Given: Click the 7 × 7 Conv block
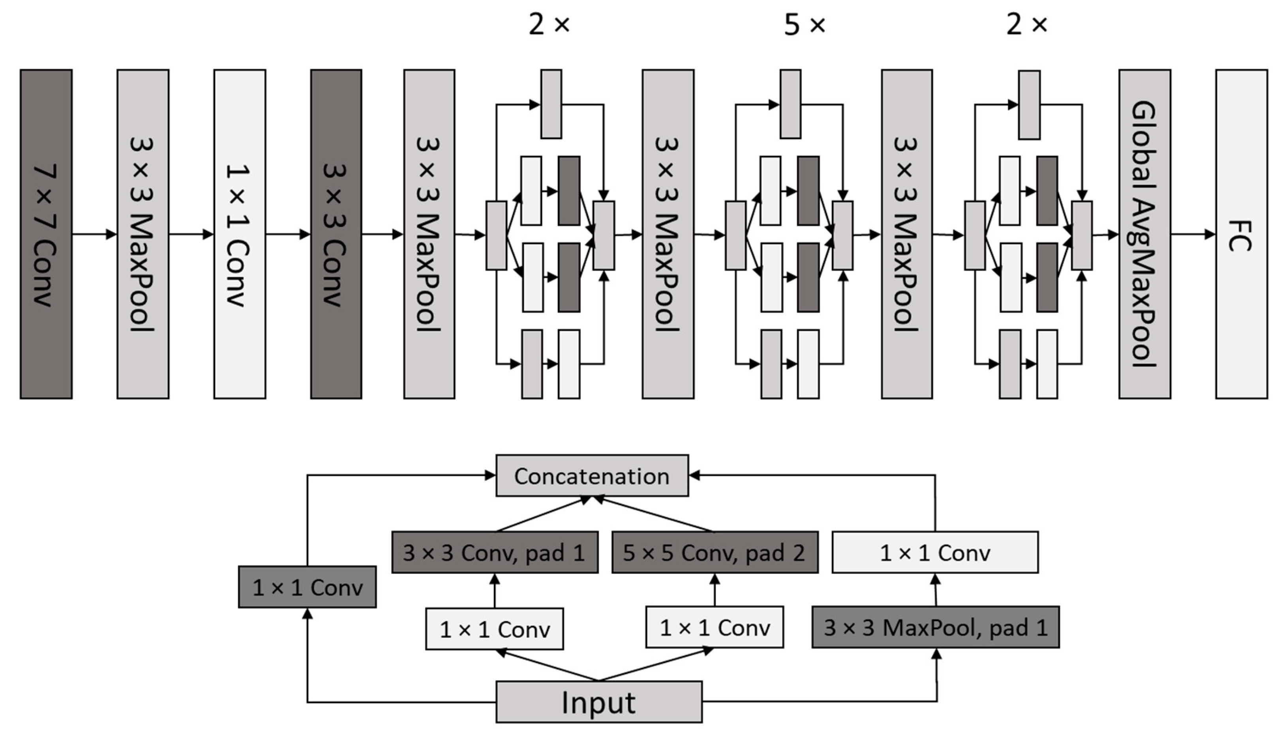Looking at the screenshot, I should [46, 234].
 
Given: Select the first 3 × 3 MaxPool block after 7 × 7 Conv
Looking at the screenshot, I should [143, 234].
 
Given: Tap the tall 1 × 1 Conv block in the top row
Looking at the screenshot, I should [240, 234].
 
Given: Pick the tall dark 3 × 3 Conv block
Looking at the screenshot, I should [336, 234].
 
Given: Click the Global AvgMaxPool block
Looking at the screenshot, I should [1144, 234].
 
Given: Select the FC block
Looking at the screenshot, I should [1241, 234].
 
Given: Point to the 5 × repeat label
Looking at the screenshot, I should [805, 24].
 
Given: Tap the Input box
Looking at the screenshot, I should [598, 702].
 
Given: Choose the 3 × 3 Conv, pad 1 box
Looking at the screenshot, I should [495, 553].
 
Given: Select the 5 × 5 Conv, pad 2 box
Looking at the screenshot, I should [715, 553].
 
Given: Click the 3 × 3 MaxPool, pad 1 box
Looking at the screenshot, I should [936, 628].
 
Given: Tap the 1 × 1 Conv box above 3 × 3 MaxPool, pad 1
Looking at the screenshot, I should [935, 553].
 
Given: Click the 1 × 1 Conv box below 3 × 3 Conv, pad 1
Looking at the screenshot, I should [494, 629].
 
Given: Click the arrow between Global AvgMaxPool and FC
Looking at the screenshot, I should [1193, 234].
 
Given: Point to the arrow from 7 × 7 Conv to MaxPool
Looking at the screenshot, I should [94, 234].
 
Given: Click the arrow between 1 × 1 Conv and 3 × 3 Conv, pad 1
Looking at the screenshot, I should [495, 590].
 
